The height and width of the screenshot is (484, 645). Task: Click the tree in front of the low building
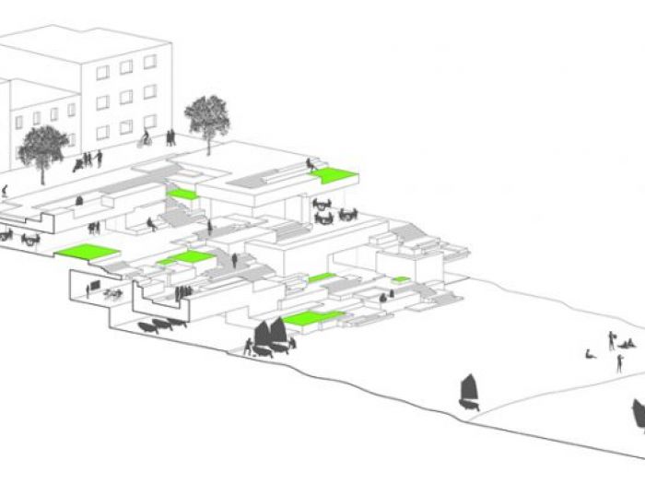[x=41, y=148]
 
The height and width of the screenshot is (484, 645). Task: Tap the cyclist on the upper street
[x=145, y=139]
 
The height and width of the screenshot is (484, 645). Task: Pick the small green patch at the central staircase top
[x=182, y=194]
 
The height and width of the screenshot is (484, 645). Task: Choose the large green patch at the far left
[x=88, y=251]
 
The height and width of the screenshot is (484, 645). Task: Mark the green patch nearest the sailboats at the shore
[x=311, y=319]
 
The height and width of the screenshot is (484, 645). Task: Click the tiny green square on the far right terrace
[x=401, y=278]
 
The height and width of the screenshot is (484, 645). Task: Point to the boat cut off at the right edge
[x=638, y=415]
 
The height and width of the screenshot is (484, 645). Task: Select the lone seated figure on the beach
[x=591, y=353]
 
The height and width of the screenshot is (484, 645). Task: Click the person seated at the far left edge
[x=6, y=190]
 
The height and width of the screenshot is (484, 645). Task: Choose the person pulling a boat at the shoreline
[x=248, y=347]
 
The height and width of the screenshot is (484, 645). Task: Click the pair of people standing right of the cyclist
[x=170, y=138]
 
